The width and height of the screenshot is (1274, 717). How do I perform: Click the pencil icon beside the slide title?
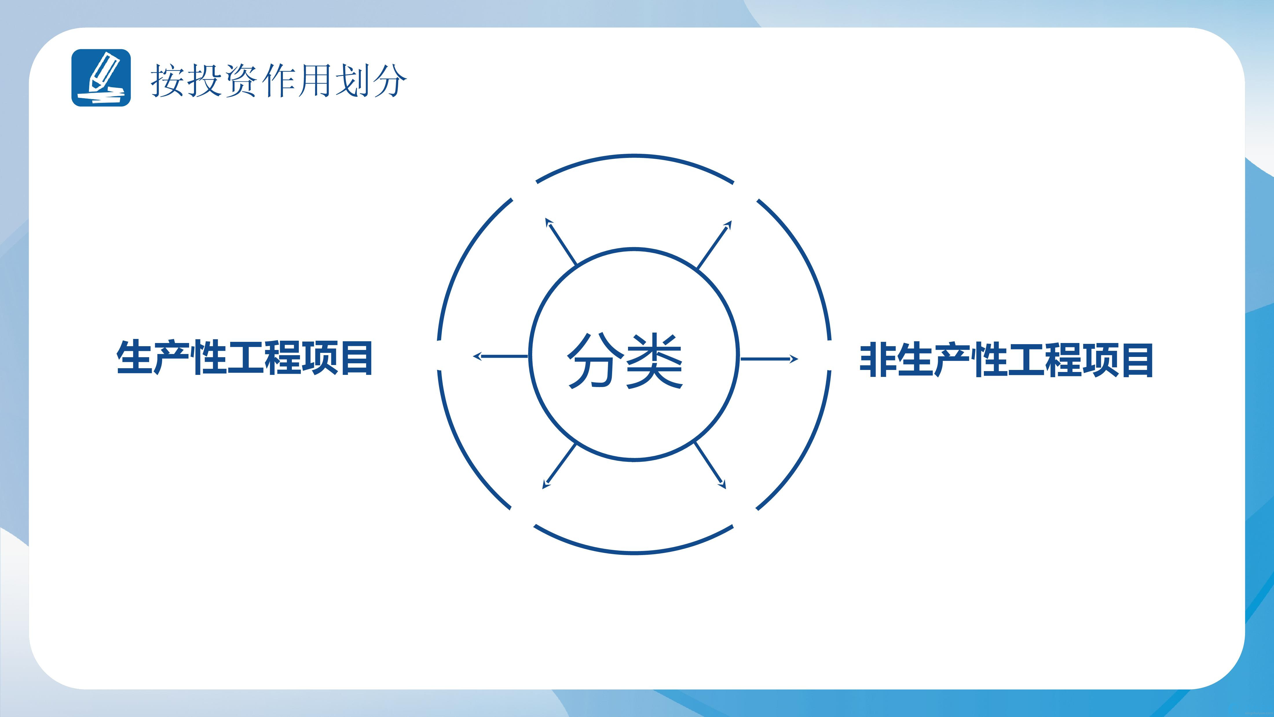[101, 78]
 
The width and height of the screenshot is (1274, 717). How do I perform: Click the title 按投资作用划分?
[279, 80]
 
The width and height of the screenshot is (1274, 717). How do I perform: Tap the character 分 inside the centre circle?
[594, 360]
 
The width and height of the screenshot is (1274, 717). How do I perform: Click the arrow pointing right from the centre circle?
[768, 359]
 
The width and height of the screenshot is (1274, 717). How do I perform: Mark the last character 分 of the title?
[389, 80]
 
